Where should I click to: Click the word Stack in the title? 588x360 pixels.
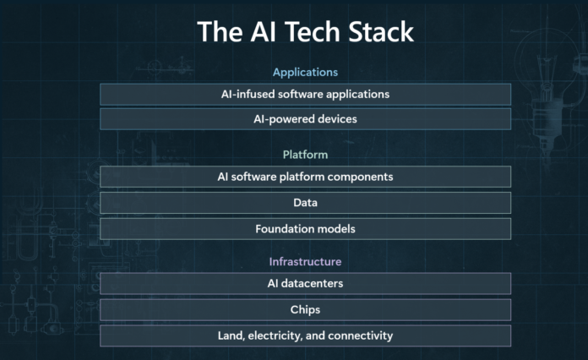pyautogui.click(x=381, y=31)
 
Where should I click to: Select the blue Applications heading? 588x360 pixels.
pyautogui.click(x=305, y=72)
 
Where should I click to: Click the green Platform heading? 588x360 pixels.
pyautogui.click(x=305, y=155)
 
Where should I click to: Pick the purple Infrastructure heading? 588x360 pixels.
pyautogui.click(x=305, y=261)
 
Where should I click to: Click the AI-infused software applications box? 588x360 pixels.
pyautogui.click(x=305, y=94)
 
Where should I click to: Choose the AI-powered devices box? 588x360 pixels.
pyautogui.click(x=305, y=119)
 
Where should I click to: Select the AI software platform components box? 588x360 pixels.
pyautogui.click(x=305, y=177)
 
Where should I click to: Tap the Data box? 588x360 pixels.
pyautogui.click(x=305, y=203)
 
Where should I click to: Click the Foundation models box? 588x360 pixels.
pyautogui.click(x=305, y=229)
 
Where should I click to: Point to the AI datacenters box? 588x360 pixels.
pyautogui.click(x=305, y=283)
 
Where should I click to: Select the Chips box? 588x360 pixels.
pyautogui.click(x=305, y=309)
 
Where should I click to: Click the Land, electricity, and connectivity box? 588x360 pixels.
pyautogui.click(x=305, y=335)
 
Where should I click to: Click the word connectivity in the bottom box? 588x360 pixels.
pyautogui.click(x=355, y=335)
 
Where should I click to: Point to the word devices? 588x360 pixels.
pyautogui.click(x=337, y=119)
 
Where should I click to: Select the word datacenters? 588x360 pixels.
pyautogui.click(x=312, y=283)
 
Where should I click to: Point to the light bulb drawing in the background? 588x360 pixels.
pyautogui.click(x=545, y=94)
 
